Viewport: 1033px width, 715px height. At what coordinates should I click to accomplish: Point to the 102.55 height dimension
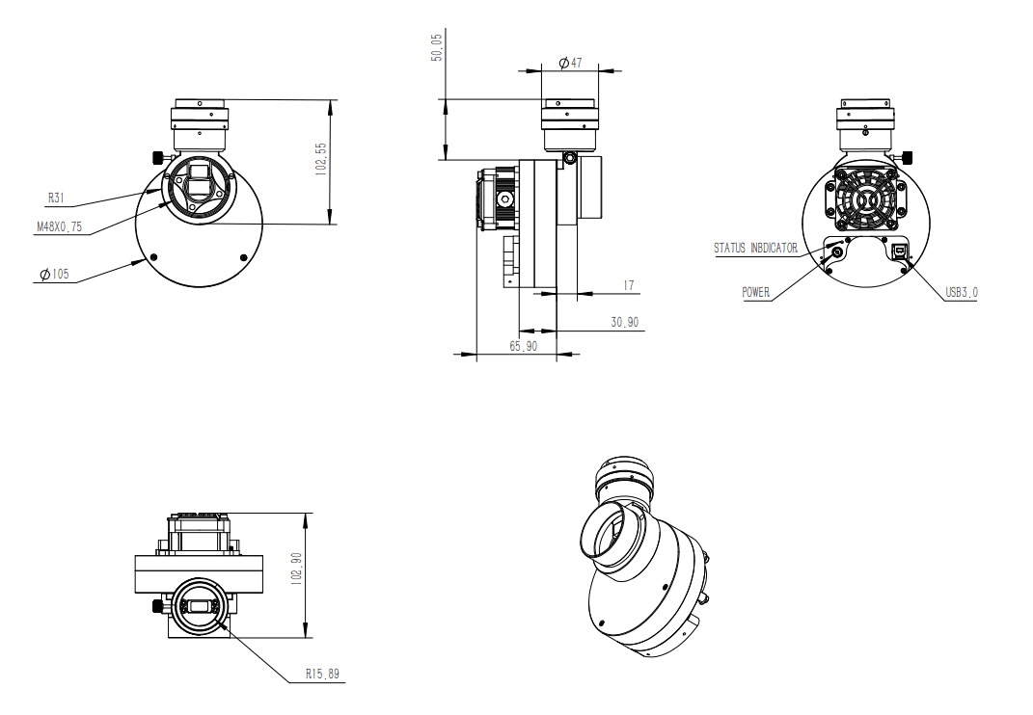click(322, 160)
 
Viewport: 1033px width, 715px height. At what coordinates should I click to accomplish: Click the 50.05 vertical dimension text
click(437, 48)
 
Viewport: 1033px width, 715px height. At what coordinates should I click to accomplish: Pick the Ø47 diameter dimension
click(570, 63)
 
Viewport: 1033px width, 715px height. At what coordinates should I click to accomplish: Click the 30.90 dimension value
click(625, 322)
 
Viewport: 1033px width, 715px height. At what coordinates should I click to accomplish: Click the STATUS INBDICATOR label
click(755, 248)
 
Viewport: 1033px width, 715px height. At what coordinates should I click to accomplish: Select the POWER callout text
click(756, 293)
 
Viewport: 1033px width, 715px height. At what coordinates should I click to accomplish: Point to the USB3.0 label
click(961, 293)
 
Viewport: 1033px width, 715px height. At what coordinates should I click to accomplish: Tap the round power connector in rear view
click(835, 252)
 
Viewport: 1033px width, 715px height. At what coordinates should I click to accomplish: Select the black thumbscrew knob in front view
click(155, 157)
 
